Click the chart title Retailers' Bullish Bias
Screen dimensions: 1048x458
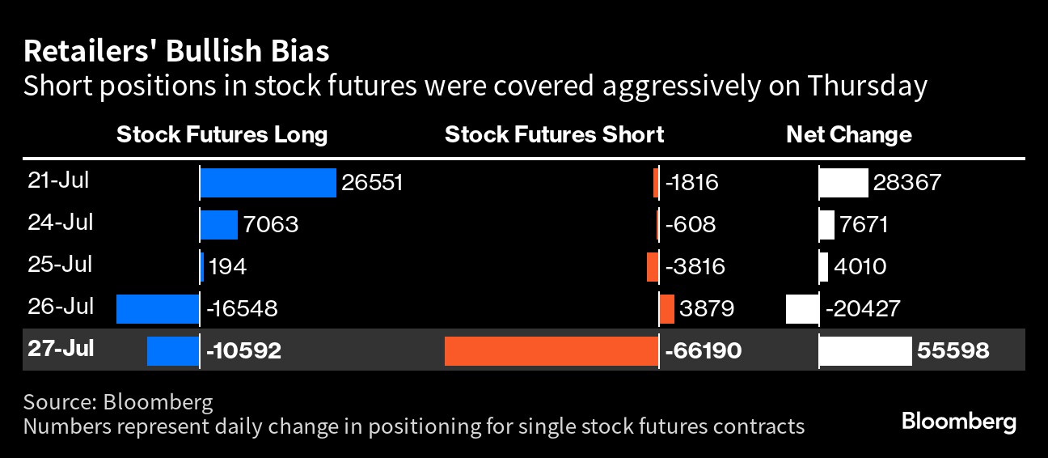click(x=176, y=51)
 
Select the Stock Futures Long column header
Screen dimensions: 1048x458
click(x=222, y=135)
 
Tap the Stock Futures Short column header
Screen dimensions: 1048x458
click(x=554, y=135)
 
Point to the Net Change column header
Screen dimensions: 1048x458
click(x=849, y=135)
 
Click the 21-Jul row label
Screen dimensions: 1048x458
click(x=58, y=180)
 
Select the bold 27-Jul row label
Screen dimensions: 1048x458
click(x=61, y=349)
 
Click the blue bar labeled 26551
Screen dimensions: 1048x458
click(x=268, y=183)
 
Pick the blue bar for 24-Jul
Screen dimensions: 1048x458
click(x=219, y=225)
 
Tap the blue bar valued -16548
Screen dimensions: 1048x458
click(x=158, y=309)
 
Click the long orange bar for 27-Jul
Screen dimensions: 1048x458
click(x=551, y=351)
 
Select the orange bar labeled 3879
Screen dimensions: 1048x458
click(x=666, y=309)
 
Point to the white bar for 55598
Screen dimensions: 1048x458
click(x=865, y=351)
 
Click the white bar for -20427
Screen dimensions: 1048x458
click(x=802, y=309)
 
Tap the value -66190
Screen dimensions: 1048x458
click(x=704, y=350)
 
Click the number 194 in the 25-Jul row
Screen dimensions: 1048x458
click(x=227, y=267)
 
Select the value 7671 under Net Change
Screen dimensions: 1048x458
click(x=864, y=225)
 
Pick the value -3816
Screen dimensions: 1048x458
click(x=695, y=267)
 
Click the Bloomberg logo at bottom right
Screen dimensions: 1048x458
click(x=959, y=422)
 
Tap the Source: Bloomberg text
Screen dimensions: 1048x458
click(x=118, y=402)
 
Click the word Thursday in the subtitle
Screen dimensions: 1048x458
click(x=867, y=86)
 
